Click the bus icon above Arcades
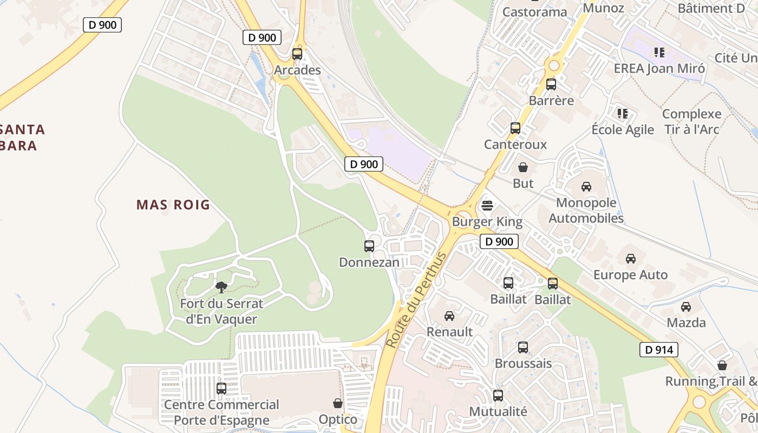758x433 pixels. (297, 54)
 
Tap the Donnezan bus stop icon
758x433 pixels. (369, 246)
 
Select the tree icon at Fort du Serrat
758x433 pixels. (221, 287)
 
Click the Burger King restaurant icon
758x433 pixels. (487, 206)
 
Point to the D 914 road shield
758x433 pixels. (659, 350)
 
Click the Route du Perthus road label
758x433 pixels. (416, 300)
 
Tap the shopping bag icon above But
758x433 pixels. (523, 167)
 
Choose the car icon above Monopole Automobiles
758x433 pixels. (586, 187)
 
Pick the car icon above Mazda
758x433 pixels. (686, 307)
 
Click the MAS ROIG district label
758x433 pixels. (173, 205)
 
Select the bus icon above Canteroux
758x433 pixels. (515, 128)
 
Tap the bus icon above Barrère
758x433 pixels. (551, 84)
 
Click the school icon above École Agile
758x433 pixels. (623, 114)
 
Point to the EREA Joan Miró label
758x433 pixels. (659, 69)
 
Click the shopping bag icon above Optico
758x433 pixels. (338, 403)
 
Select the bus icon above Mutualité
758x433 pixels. (498, 396)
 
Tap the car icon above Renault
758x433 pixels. (449, 316)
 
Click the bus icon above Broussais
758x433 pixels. (523, 347)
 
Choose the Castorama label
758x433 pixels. (534, 12)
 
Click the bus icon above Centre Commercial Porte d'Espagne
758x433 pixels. (221, 388)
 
